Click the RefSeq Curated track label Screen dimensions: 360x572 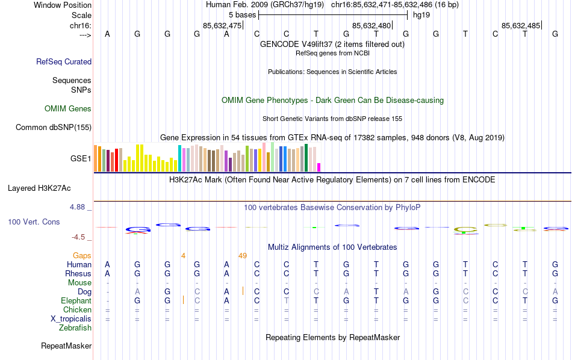(64, 61)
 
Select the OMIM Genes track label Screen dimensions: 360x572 (68, 109)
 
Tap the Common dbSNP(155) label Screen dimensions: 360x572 (54, 127)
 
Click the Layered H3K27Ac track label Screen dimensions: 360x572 (49, 188)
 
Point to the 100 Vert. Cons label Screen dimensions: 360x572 (34, 222)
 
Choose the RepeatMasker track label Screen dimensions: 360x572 (66, 346)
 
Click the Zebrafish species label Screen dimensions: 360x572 (75, 328)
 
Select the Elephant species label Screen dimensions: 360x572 (76, 301)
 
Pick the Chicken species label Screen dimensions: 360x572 (77, 310)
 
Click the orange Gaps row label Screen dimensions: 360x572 (82, 256)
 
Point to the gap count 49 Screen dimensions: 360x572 (243, 256)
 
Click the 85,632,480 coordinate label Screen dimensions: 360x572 (371, 25)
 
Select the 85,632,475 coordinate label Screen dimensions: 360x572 (222, 25)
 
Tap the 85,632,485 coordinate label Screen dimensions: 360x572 (521, 25)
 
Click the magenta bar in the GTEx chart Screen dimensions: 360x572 (319, 167)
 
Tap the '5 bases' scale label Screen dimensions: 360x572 (243, 14)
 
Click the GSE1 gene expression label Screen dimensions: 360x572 (81, 159)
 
